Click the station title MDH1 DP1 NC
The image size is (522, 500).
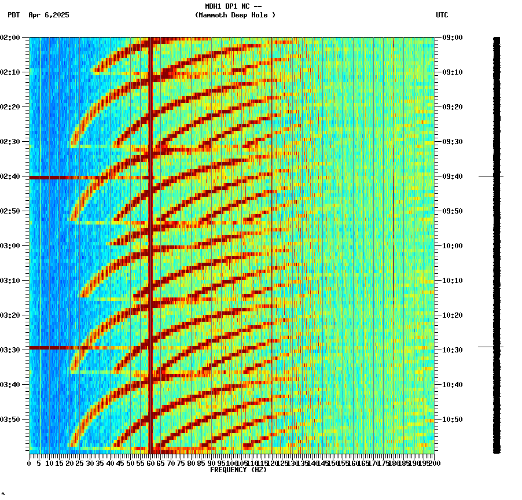click(229, 6)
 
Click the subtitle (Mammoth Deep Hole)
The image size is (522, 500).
click(235, 15)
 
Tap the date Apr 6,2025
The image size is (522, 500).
click(49, 15)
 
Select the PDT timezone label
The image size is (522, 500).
click(13, 15)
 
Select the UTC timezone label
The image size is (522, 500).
click(442, 15)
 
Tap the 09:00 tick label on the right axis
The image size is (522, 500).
click(452, 38)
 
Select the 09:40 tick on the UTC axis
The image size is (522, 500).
click(452, 176)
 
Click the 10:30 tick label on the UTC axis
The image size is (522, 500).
click(452, 350)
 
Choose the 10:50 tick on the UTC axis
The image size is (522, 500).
click(452, 419)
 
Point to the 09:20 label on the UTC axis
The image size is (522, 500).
click(452, 107)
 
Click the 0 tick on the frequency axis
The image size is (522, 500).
click(30, 463)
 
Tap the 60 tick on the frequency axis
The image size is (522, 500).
click(151, 463)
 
